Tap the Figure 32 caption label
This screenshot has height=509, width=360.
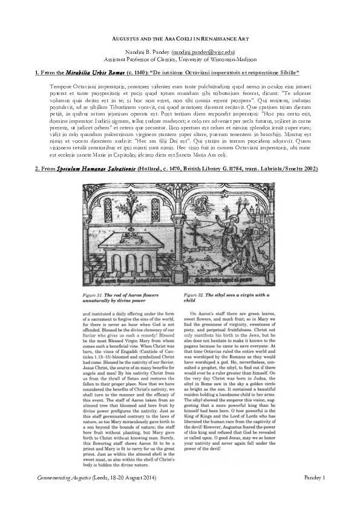click(198, 291)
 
